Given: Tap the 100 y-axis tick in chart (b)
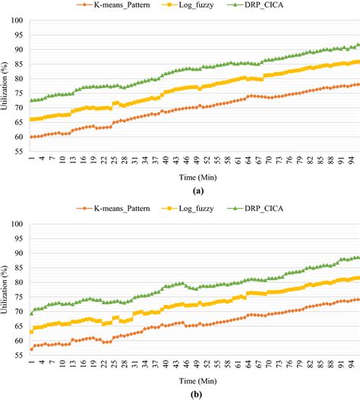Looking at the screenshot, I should tap(17, 225).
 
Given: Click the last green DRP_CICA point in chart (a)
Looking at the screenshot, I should tap(358, 44).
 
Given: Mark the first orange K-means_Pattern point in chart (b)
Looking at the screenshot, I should tap(31, 348).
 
